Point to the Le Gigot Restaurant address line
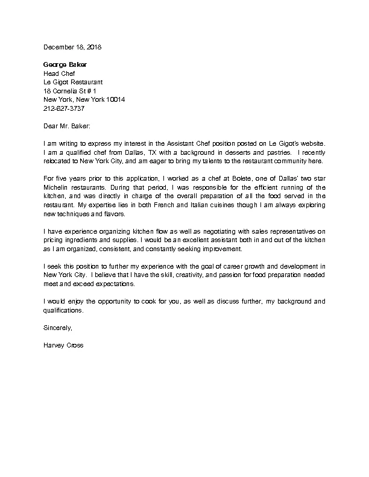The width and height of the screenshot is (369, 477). (74, 82)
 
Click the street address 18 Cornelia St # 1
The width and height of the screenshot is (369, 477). (70, 91)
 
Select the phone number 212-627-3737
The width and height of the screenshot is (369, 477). (64, 108)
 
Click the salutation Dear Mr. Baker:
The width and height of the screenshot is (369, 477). (66, 126)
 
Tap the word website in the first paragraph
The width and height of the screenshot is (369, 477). (312, 144)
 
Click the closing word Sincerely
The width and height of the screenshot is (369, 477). (58, 328)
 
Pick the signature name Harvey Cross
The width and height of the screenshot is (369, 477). (63, 346)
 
